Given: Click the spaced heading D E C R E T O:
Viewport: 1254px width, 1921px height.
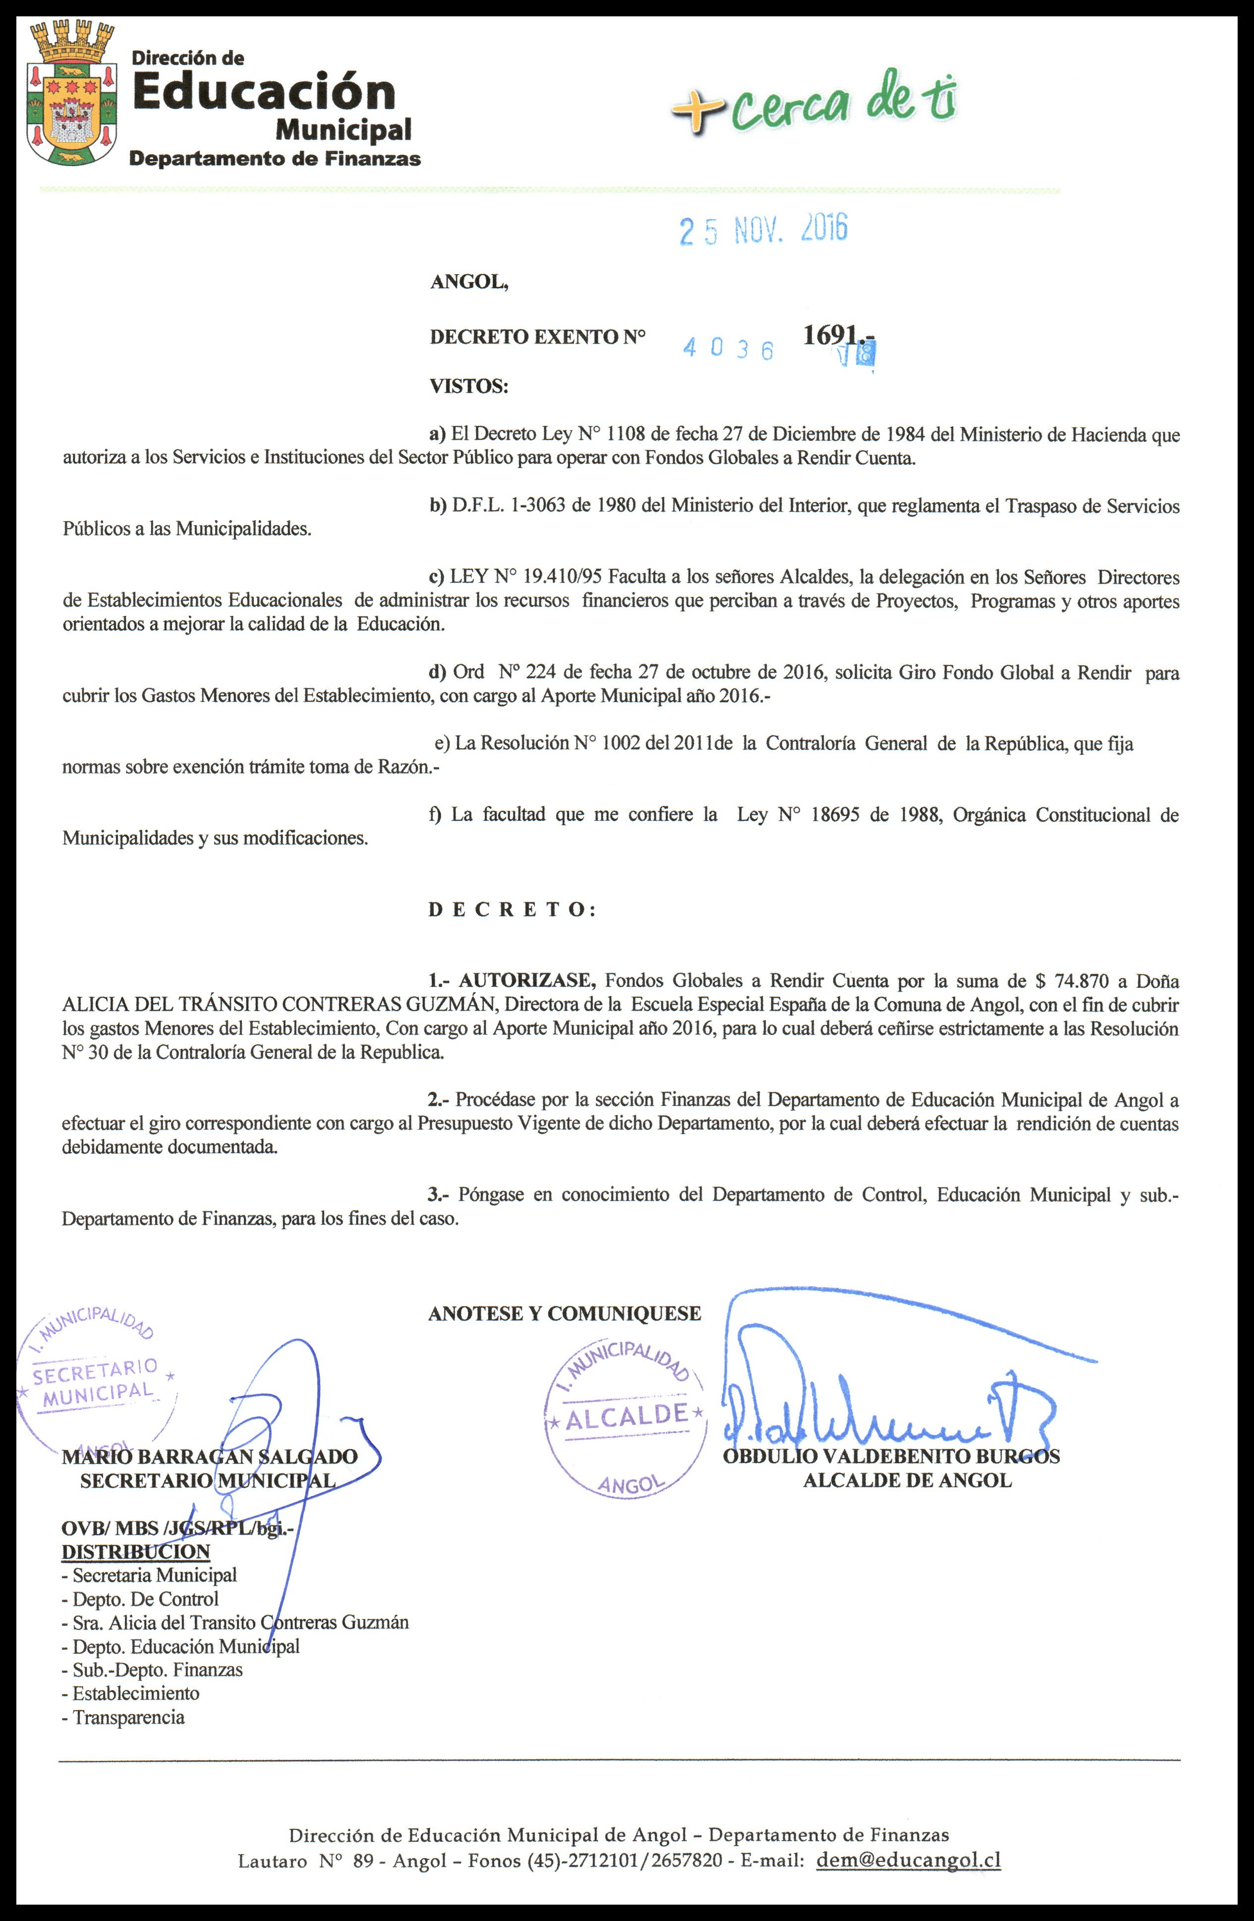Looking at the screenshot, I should pos(512,909).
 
